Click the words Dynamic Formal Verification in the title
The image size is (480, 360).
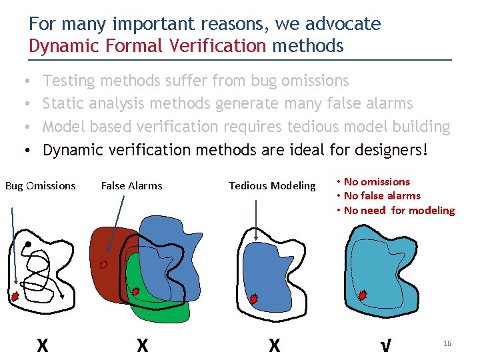pyautogui.click(x=147, y=46)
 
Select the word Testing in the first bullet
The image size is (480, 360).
pyautogui.click(x=69, y=81)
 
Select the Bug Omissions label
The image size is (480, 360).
pyautogui.click(x=41, y=186)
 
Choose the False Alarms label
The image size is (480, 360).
pyautogui.click(x=131, y=186)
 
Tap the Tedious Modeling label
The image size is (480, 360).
pyautogui.click(x=272, y=186)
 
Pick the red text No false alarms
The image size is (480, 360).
pyautogui.click(x=381, y=196)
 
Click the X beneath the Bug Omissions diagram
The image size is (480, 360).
pyautogui.click(x=42, y=345)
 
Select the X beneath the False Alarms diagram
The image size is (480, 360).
pyautogui.click(x=142, y=345)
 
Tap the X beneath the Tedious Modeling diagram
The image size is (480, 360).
pyautogui.click(x=274, y=345)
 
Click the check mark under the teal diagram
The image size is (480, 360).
pyautogui.click(x=385, y=345)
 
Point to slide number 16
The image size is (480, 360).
pyautogui.click(x=447, y=343)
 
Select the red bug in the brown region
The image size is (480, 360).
pyautogui.click(x=103, y=264)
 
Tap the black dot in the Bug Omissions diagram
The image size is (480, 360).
pyautogui.click(x=28, y=245)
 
